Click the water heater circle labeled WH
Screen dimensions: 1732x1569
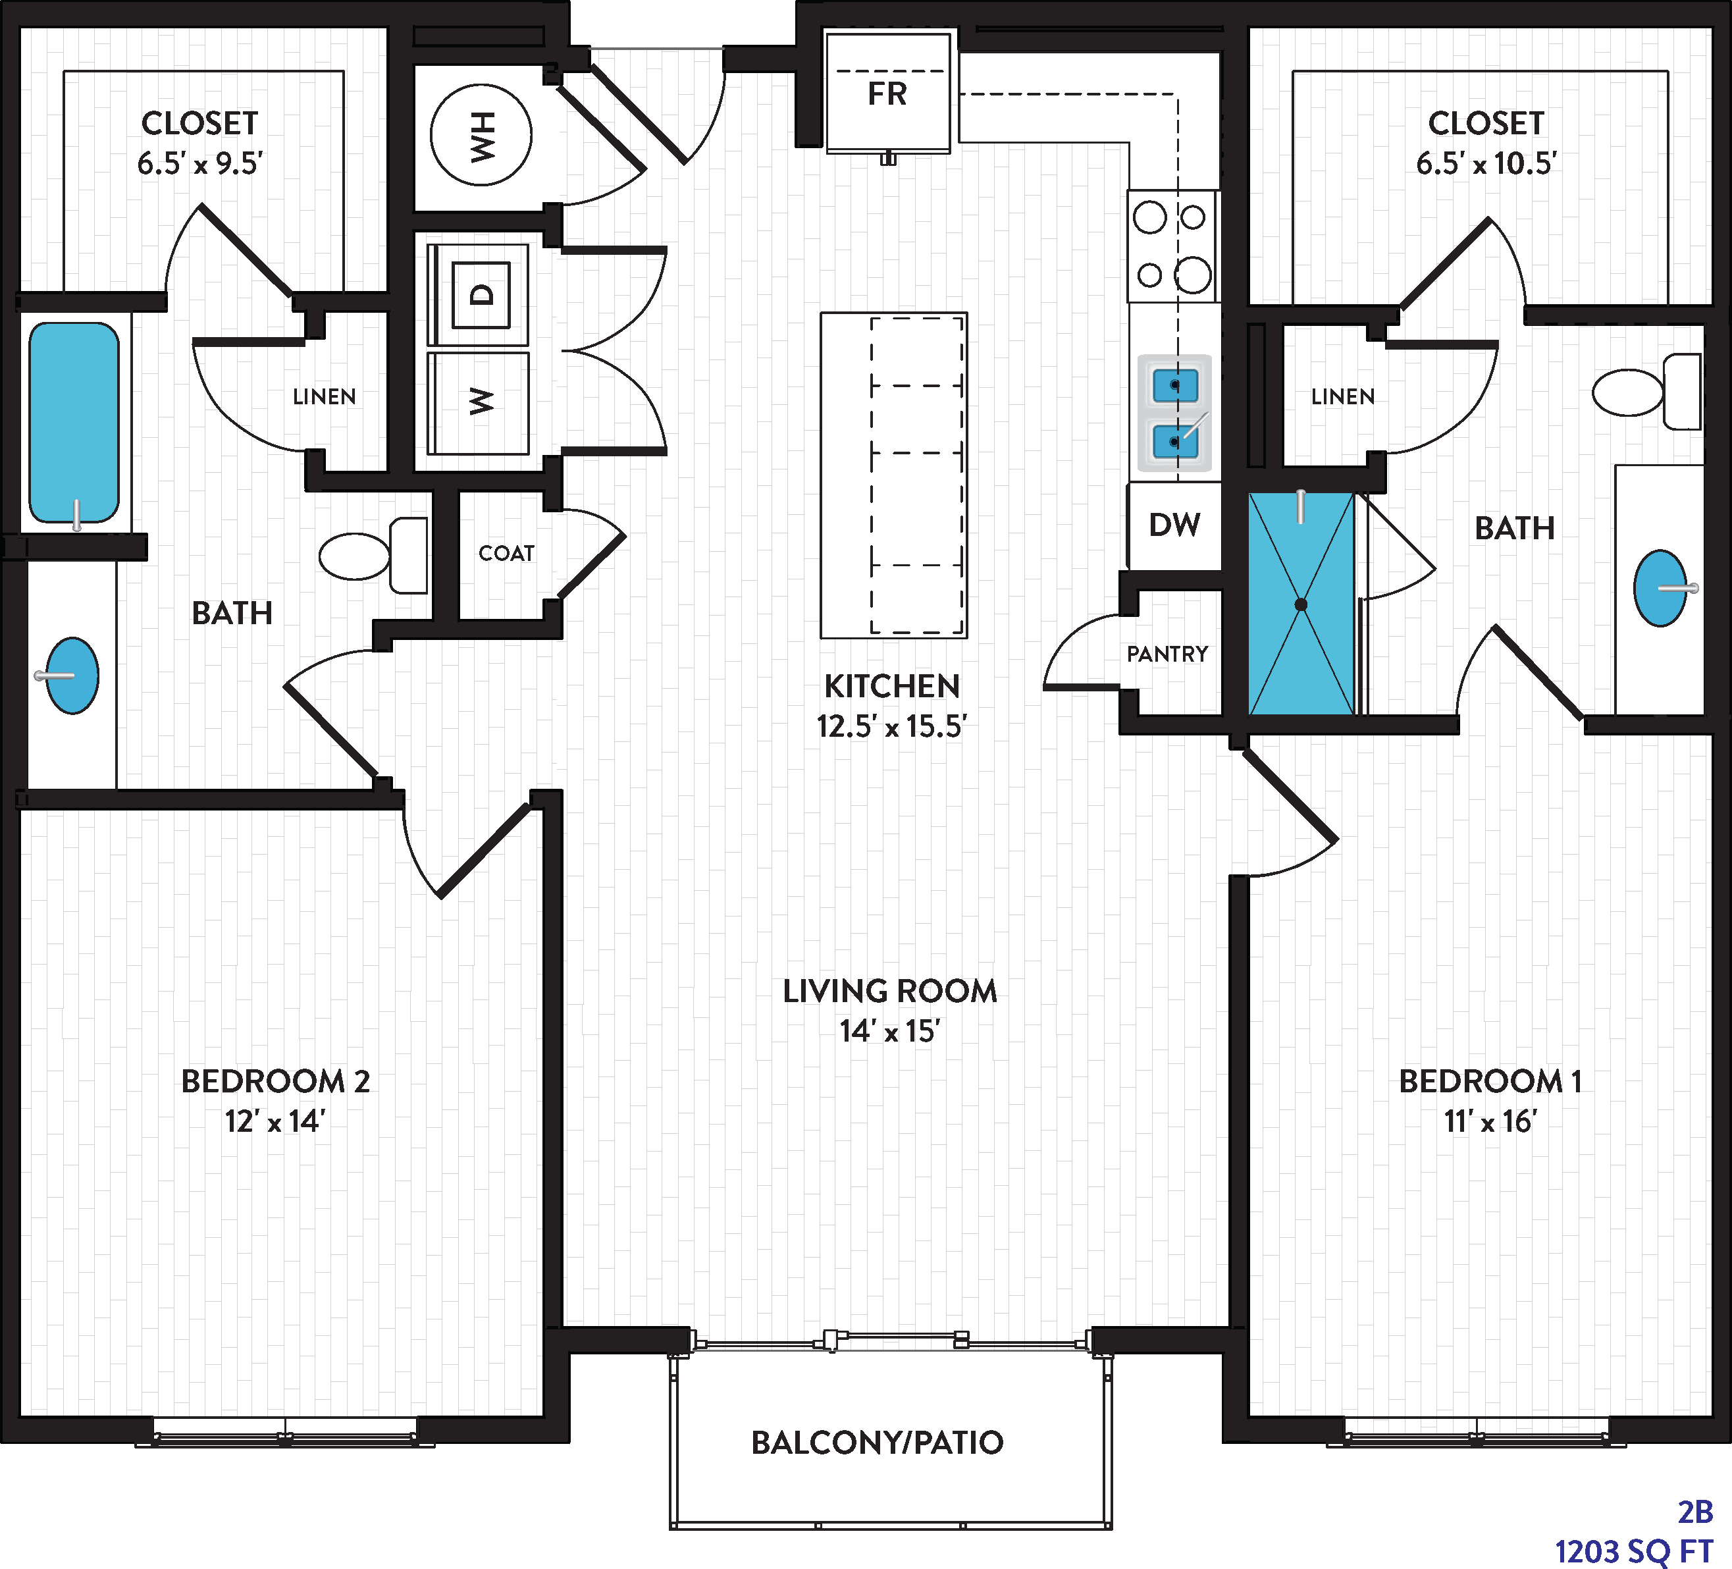click(481, 135)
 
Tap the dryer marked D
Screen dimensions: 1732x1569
click(479, 295)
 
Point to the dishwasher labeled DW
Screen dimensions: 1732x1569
click(1174, 525)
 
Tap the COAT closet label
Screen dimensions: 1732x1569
click(507, 553)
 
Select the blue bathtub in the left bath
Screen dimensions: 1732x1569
click(74, 423)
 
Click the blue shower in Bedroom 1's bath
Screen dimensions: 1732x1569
click(1301, 603)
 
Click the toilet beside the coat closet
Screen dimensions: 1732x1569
click(373, 556)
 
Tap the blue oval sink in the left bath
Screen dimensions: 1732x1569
click(72, 676)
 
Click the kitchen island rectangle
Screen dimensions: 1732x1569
click(893, 475)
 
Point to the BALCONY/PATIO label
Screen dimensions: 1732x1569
click(877, 1443)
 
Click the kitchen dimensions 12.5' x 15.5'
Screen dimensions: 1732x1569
click(892, 726)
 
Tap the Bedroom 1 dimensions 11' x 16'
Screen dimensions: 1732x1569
click(1490, 1121)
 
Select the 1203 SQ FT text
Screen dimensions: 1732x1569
click(1634, 1552)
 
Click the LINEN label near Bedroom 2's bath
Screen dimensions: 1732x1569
click(324, 396)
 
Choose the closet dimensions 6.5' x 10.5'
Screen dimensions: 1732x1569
click(1486, 163)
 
